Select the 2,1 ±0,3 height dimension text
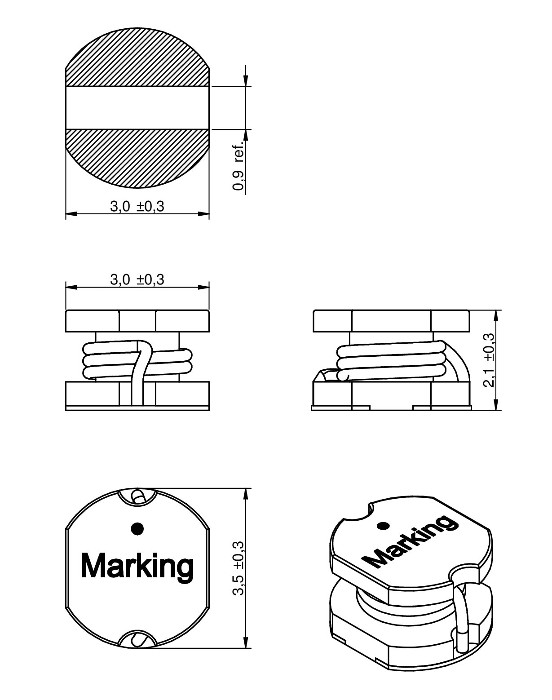pyautogui.click(x=489, y=360)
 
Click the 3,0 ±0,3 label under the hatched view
pyautogui.click(x=137, y=206)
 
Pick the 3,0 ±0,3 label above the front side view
pyautogui.click(x=137, y=279)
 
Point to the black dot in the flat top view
pyautogui.click(x=137, y=528)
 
